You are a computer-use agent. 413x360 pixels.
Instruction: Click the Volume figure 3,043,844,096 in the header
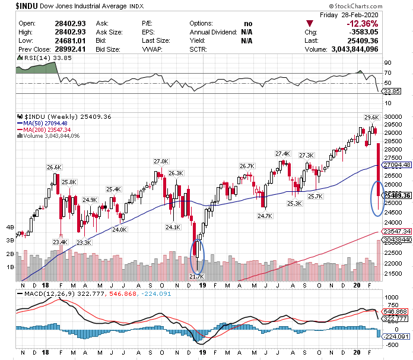(373, 49)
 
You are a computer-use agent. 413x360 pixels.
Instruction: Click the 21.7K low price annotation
(196, 276)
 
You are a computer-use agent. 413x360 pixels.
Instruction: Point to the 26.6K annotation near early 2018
(55, 167)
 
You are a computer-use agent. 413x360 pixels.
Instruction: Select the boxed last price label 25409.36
(397, 195)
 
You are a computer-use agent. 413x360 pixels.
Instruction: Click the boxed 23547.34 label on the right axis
(397, 232)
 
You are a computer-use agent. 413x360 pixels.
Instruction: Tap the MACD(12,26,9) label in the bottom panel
(42, 293)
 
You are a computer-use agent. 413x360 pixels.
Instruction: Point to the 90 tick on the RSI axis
(387, 62)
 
